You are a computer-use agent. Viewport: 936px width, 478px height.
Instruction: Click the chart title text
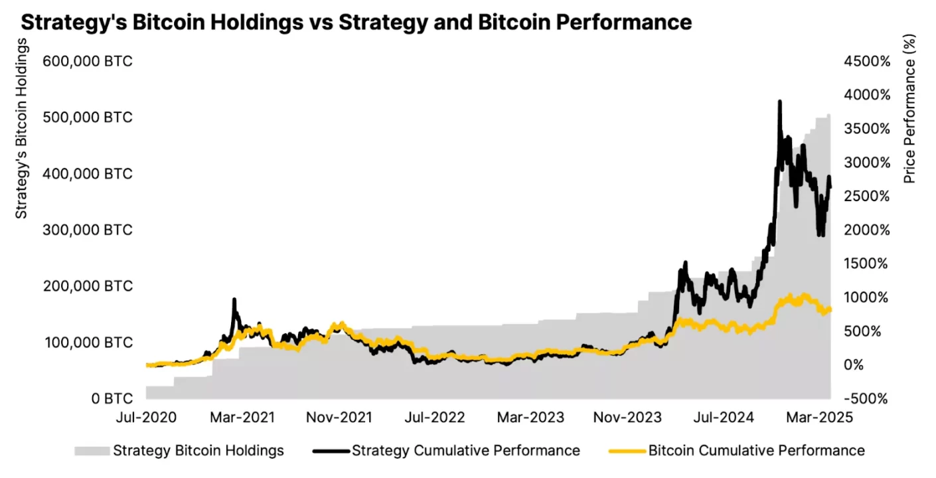[x=356, y=22]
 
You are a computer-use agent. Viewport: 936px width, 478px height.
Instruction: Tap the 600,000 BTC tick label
[x=88, y=61]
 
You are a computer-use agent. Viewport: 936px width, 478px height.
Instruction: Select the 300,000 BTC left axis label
[x=88, y=230]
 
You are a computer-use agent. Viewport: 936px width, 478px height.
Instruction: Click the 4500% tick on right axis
[x=866, y=61]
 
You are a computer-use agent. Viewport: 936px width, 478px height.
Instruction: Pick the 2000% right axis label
[x=866, y=230]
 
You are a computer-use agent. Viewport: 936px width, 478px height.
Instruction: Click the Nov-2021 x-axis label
[x=339, y=418]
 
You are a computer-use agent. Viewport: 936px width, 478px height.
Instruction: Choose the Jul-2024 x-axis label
[x=724, y=418]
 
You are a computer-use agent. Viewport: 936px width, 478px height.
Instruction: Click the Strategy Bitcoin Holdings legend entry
[x=198, y=451]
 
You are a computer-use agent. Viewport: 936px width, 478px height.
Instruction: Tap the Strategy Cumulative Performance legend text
[x=465, y=451]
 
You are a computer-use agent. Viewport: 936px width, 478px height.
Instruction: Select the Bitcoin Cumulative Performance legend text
[x=756, y=451]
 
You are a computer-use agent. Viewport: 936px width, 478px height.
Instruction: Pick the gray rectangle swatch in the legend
[x=91, y=451]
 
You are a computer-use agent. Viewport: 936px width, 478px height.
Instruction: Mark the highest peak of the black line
[x=779, y=102]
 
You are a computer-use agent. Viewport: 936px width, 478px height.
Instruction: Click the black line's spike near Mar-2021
[x=234, y=300]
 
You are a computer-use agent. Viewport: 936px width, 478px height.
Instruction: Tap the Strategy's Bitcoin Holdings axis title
[x=22, y=128]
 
